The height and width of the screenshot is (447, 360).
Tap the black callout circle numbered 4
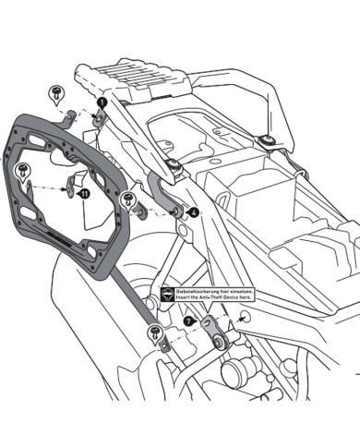click(194, 212)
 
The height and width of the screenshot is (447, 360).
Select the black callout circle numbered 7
click(190, 322)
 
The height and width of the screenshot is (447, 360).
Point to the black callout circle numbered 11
click(83, 194)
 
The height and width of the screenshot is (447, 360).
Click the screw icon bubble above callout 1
click(57, 93)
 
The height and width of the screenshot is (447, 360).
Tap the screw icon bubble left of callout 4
click(128, 200)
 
